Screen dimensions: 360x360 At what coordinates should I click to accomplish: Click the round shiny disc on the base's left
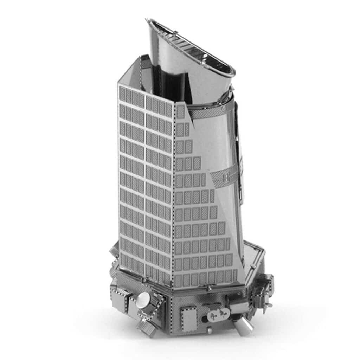[x=143, y=300]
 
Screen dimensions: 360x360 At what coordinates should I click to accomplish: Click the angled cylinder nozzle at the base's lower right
[x=244, y=326]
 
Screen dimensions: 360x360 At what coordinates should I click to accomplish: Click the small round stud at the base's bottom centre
[x=210, y=330]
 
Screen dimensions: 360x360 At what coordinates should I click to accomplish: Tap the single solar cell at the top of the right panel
[x=180, y=112]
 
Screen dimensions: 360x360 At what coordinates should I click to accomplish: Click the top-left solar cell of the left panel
[x=123, y=93]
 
